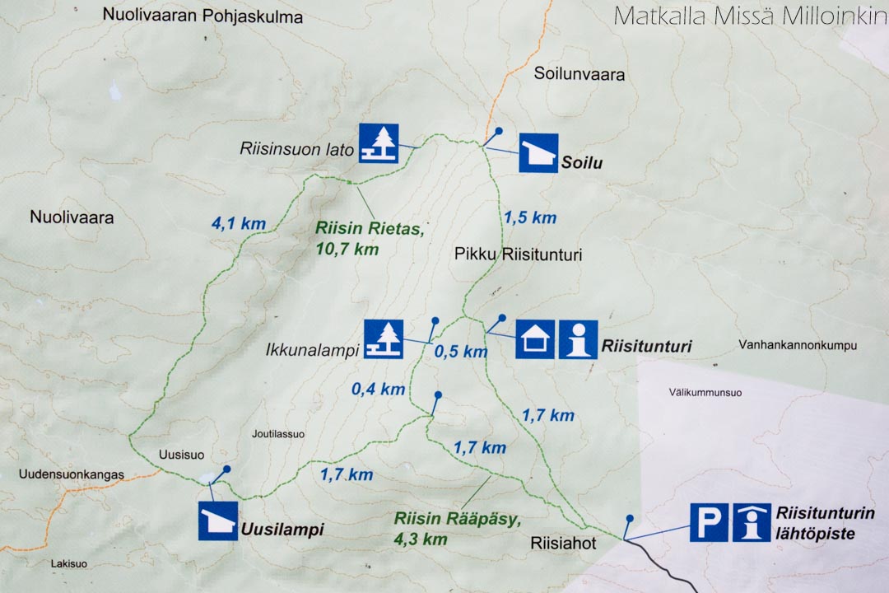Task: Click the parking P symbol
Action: tap(709, 522)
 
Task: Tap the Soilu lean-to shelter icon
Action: tap(538, 153)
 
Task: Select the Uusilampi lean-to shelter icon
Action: tap(218, 521)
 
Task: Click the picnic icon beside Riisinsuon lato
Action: tap(379, 143)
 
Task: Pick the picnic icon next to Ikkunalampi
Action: tap(384, 339)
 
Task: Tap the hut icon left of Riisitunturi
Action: tap(535, 339)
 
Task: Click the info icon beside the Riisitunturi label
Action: tap(578, 339)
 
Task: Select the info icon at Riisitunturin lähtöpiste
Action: tap(752, 522)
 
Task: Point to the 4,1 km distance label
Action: tap(237, 222)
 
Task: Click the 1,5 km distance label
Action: tap(530, 218)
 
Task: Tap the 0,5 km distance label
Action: tap(461, 353)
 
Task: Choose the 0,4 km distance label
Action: tap(379, 390)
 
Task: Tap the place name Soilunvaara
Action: tap(579, 74)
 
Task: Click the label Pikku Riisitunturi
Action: tap(518, 255)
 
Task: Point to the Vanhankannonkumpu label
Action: tap(798, 346)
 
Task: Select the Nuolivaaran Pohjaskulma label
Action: tap(202, 16)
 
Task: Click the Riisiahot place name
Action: tap(563, 544)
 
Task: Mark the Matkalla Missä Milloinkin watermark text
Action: tap(749, 16)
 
